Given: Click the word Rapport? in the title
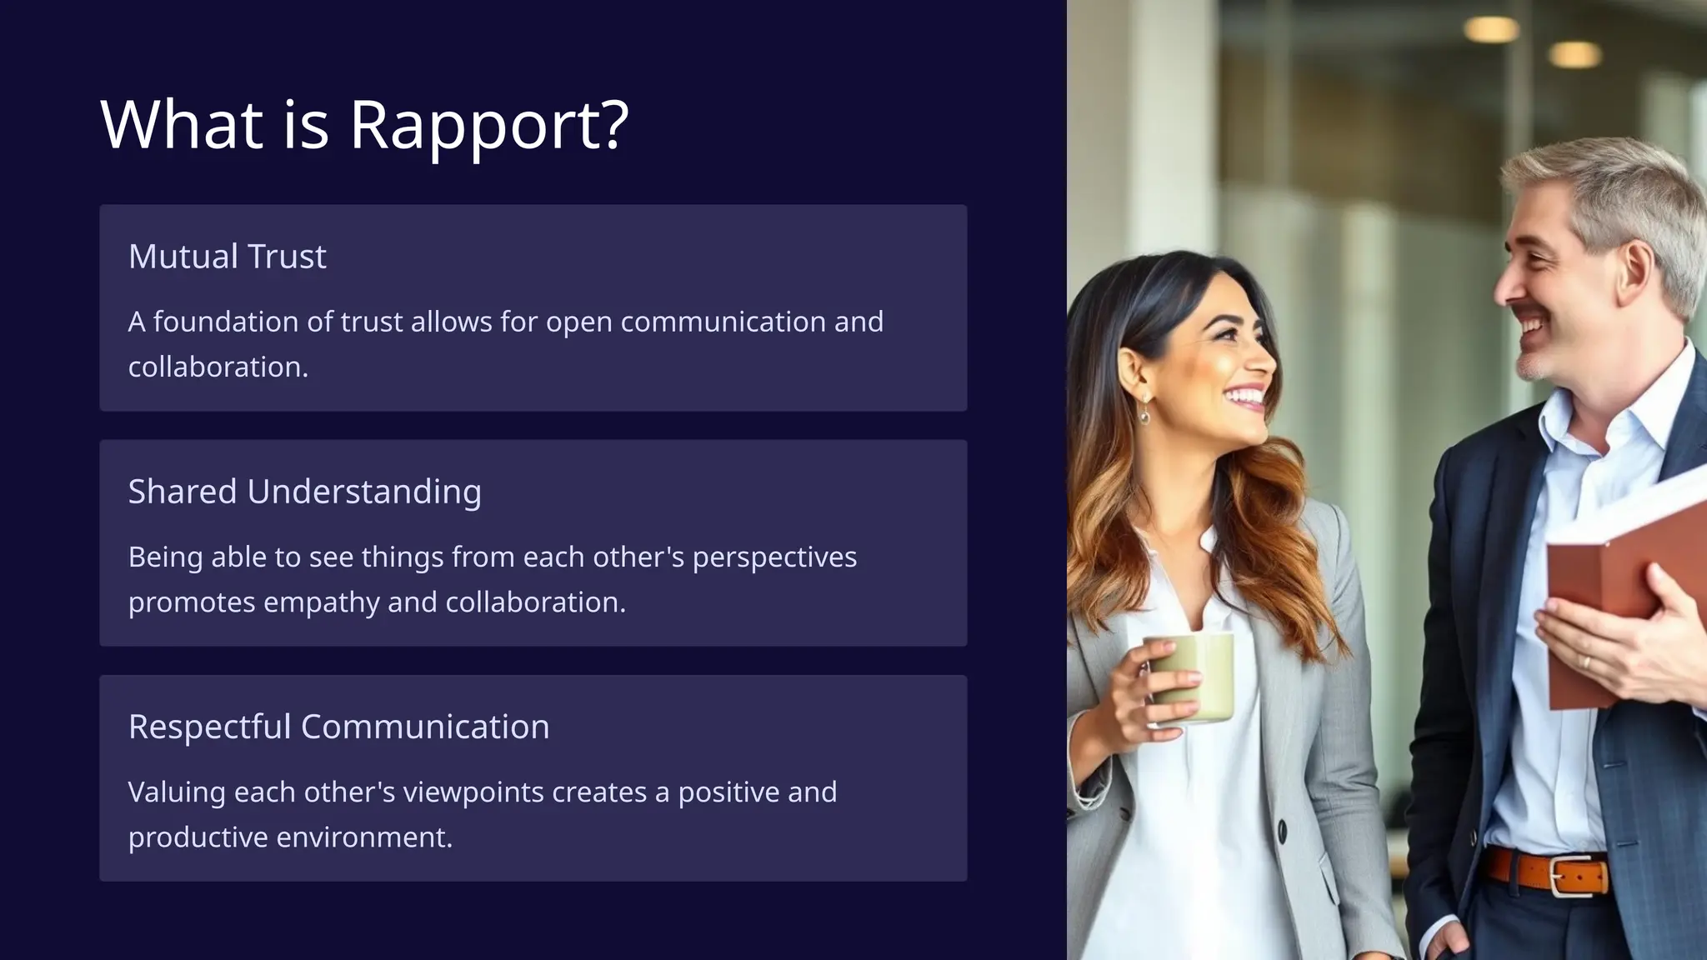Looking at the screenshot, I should pyautogui.click(x=488, y=125).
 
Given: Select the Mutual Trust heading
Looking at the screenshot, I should pyautogui.click(x=227, y=257).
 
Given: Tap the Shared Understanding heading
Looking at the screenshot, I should pyautogui.click(x=304, y=492).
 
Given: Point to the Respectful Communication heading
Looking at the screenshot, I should pyautogui.click(x=338, y=727).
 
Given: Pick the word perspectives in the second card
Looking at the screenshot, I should pyautogui.click(x=773, y=557).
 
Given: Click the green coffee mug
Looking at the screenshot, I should pyautogui.click(x=1190, y=677).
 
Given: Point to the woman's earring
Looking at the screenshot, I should pyautogui.click(x=1145, y=412).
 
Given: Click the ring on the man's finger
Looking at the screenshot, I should pyautogui.click(x=1586, y=662).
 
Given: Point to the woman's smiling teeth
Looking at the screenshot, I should pyautogui.click(x=1245, y=395).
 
